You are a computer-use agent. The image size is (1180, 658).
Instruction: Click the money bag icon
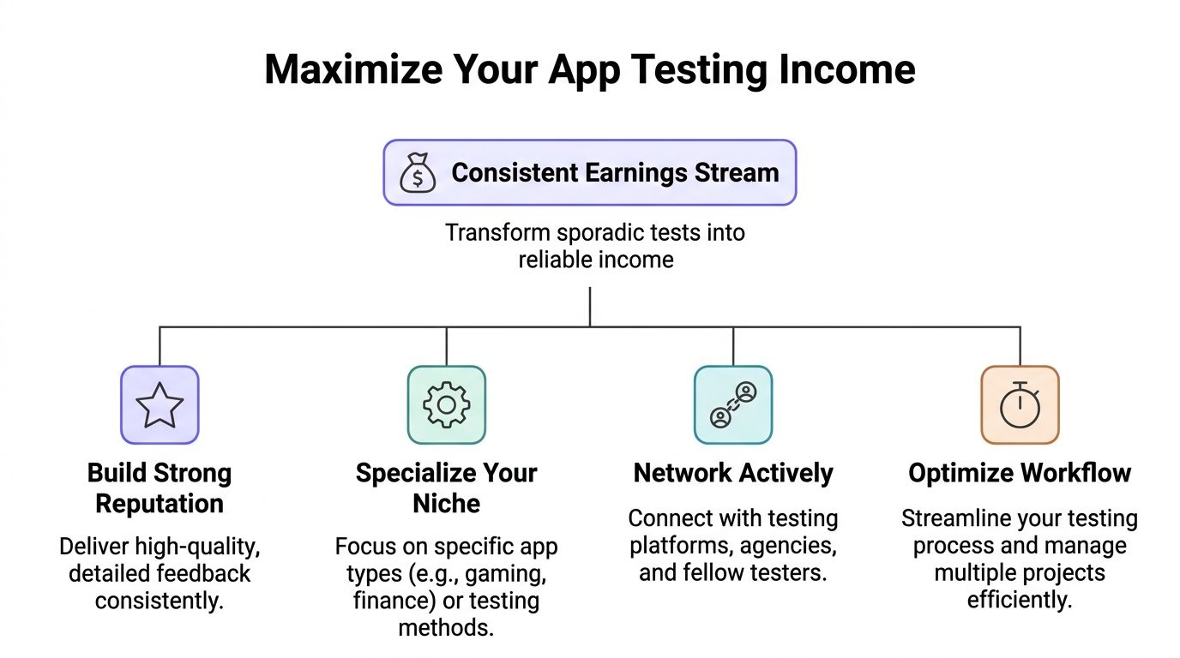[418, 172]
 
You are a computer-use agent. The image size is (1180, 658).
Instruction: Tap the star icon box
[160, 405]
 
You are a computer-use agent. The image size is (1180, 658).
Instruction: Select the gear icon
[446, 405]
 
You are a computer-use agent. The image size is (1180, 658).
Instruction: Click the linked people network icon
[733, 405]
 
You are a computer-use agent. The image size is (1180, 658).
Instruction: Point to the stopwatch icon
[1020, 405]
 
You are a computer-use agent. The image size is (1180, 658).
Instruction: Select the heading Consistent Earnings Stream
[614, 172]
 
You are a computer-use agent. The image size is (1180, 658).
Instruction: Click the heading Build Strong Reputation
[160, 488]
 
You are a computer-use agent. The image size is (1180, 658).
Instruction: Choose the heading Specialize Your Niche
[446, 488]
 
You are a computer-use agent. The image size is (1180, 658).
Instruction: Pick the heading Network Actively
[733, 473]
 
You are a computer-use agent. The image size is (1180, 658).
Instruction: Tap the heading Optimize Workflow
[1020, 473]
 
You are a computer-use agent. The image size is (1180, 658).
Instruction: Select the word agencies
[790, 546]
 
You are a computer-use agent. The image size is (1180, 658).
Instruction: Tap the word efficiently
[1020, 600]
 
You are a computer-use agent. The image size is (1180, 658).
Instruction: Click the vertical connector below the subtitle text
[590, 306]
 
